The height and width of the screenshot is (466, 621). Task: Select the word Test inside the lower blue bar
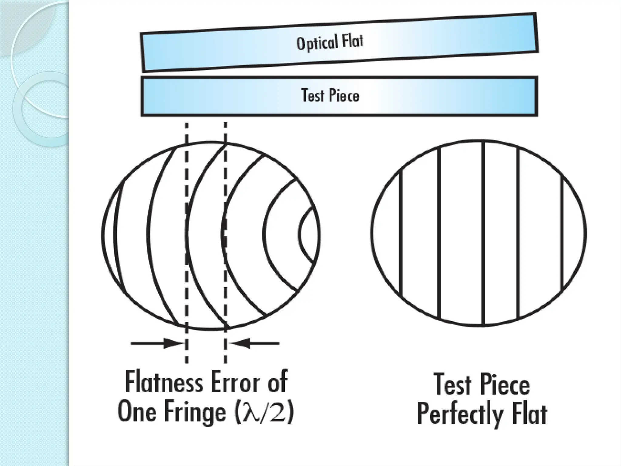(312, 95)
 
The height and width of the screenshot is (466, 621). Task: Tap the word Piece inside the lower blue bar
(344, 96)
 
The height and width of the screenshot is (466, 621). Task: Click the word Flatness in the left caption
(164, 383)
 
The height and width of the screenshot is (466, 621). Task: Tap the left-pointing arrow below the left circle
(255, 343)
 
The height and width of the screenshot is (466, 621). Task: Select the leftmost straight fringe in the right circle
(401, 233)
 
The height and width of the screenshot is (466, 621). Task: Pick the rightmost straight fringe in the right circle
(563, 233)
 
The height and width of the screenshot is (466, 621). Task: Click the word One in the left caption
(136, 412)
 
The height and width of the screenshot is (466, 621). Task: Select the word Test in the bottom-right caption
(452, 384)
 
